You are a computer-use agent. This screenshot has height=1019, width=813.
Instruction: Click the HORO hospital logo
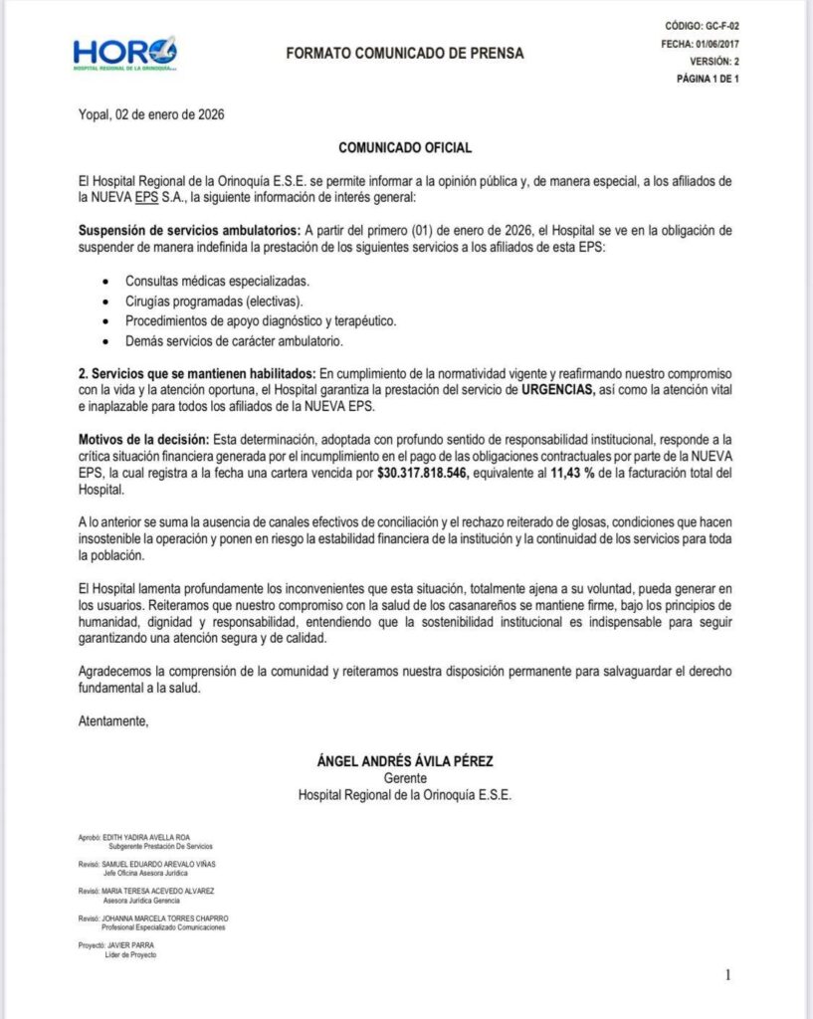[125, 53]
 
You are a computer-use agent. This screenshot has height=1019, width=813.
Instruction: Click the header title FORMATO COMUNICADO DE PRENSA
[404, 53]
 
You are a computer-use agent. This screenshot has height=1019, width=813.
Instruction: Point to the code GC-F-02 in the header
[718, 26]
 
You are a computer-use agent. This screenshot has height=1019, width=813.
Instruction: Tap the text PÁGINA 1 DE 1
[707, 79]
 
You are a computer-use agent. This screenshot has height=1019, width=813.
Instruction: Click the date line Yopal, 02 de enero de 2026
[151, 114]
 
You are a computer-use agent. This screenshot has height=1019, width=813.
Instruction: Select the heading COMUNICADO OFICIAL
[405, 147]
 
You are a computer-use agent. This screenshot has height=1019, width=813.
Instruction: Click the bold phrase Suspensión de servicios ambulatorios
[189, 230]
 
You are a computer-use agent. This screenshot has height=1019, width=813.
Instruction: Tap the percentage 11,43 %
[575, 475]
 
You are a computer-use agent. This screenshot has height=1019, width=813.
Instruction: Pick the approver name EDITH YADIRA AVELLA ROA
[151, 837]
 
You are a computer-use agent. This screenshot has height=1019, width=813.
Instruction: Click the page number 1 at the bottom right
[728, 975]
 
